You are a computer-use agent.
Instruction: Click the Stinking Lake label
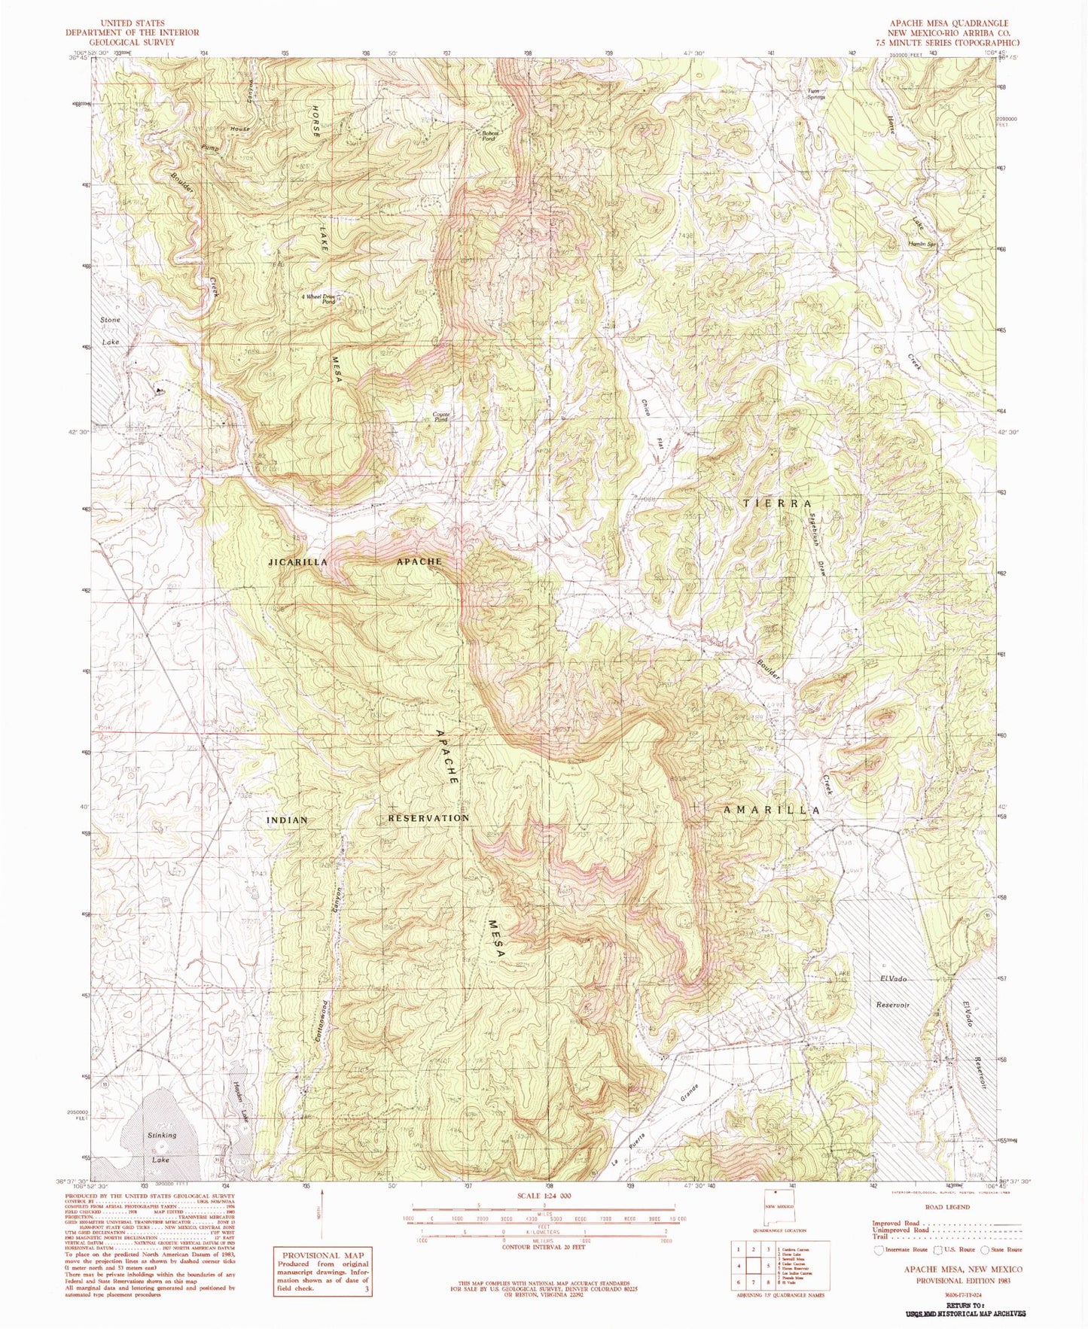coord(161,1147)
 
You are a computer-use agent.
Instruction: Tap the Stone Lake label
coord(111,331)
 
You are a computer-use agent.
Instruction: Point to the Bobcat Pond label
coord(489,136)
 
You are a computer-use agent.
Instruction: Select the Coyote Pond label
coord(441,416)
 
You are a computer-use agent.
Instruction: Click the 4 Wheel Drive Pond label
coord(318,299)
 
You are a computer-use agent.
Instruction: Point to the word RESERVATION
coord(428,818)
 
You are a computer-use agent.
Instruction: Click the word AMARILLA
coord(771,810)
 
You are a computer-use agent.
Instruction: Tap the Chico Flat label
coord(652,421)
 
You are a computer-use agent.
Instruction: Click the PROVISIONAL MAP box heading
coord(322,1255)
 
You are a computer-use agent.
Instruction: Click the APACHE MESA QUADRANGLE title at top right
coord(955,24)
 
